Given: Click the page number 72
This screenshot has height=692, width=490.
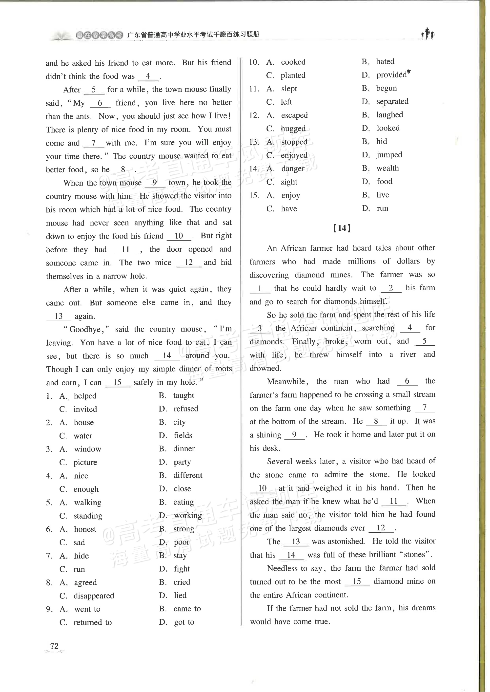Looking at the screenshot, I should point(54,646).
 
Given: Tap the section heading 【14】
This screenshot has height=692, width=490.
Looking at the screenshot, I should point(342,228).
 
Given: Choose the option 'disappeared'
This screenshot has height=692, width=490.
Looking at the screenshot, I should point(94,596).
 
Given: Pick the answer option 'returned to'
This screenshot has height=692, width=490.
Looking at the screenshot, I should point(93,622).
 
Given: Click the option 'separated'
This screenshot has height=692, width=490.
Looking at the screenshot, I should point(392,102).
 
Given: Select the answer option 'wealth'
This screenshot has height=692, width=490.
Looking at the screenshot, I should point(388,168).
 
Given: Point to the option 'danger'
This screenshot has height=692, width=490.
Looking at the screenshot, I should point(293,169).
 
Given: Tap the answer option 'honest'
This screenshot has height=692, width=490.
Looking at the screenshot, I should point(85,529).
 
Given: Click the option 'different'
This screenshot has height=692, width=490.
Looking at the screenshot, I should point(188,475).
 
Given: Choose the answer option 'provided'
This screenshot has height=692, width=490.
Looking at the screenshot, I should point(391,75).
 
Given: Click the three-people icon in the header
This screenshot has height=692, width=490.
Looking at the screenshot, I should point(428,34).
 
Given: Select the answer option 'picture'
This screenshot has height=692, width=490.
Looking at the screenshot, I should point(85,462).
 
